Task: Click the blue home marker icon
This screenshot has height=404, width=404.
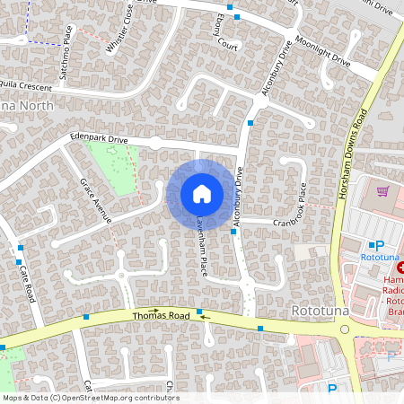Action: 202,194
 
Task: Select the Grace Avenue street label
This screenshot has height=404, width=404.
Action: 94,199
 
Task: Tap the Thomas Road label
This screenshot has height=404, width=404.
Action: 161,316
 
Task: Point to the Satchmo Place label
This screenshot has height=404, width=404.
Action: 66,53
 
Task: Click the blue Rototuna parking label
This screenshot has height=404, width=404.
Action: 385,258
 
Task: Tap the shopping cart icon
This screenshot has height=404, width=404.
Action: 383,190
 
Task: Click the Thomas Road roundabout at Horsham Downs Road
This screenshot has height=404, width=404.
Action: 345,329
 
